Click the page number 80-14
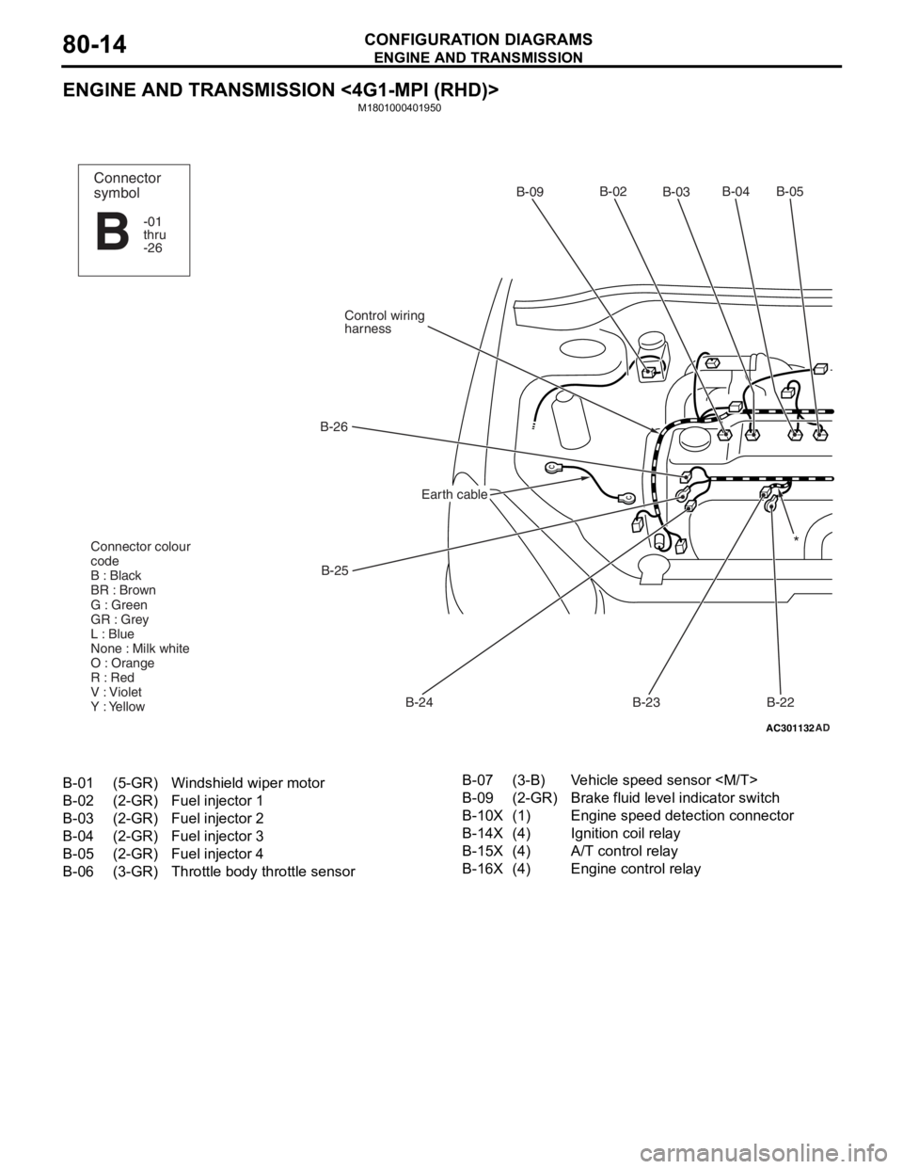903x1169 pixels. (95, 44)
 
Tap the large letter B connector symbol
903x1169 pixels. (112, 232)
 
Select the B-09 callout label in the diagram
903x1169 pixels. (530, 192)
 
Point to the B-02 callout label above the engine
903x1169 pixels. (613, 191)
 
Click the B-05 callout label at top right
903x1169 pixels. (790, 191)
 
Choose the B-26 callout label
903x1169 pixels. (334, 426)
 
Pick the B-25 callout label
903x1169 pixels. (335, 570)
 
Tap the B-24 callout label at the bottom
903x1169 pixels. (420, 702)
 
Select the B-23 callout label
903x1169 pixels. (646, 702)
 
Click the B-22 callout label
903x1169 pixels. (781, 702)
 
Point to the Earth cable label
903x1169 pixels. (454, 494)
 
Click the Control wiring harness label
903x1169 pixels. (385, 322)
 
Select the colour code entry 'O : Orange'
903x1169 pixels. (122, 663)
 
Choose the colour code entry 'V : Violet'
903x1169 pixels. (117, 692)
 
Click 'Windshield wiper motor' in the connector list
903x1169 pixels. (247, 783)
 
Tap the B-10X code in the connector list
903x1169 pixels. (483, 815)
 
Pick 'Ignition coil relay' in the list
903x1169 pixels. (626, 833)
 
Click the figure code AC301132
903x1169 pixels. (790, 729)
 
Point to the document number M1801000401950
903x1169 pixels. (400, 108)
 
